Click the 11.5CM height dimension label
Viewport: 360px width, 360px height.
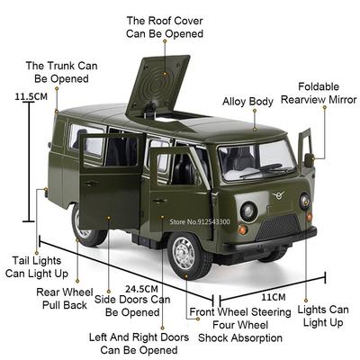(x=31, y=96)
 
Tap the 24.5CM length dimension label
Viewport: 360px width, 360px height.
(x=141, y=289)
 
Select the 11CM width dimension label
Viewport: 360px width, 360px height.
(x=274, y=297)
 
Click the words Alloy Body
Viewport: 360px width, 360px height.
(x=247, y=102)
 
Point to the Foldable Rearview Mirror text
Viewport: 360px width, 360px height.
(x=319, y=94)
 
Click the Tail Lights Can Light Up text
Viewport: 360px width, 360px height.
(x=37, y=267)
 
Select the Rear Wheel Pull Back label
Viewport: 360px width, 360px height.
(x=64, y=299)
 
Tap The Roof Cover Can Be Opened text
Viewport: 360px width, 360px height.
(x=165, y=27)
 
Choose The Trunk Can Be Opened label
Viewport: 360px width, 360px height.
(x=61, y=72)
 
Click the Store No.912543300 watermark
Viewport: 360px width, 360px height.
(x=200, y=222)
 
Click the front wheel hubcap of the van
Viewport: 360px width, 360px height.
(x=184, y=253)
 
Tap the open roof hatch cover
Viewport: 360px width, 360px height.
(x=158, y=86)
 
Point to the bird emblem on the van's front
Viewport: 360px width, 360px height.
(x=278, y=195)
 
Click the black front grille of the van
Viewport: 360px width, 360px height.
(x=278, y=227)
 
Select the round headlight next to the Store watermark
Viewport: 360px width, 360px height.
(x=248, y=211)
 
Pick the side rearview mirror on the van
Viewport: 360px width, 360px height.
(x=309, y=160)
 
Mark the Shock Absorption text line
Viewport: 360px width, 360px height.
(x=240, y=337)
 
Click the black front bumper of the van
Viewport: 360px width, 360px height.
(x=270, y=241)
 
